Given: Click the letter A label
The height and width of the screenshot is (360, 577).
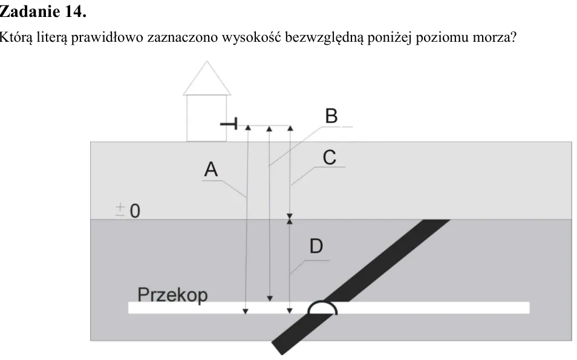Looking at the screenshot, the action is click(211, 169).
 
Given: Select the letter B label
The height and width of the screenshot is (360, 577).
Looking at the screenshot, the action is click(331, 116).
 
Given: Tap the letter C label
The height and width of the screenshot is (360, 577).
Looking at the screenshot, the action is click(330, 157).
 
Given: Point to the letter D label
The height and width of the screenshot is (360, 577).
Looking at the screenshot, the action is click(316, 246).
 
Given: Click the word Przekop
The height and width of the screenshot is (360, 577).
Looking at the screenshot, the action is click(172, 295).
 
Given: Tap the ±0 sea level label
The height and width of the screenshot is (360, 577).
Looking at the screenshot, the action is click(128, 211).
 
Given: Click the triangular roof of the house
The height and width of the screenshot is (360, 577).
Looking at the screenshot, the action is click(207, 78).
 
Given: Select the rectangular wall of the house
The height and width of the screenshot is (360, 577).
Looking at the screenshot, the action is click(207, 118).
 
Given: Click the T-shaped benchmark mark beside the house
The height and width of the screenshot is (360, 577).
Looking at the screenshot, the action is click(229, 123).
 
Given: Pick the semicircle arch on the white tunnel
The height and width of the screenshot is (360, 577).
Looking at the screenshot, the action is click(322, 303).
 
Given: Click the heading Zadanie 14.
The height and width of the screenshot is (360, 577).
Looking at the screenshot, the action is click(43, 11).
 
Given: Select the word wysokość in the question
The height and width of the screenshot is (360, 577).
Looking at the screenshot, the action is click(252, 37).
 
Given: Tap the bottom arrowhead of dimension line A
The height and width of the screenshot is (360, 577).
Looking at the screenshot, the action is click(246, 312).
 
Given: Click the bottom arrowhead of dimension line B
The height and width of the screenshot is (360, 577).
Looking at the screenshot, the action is click(270, 298).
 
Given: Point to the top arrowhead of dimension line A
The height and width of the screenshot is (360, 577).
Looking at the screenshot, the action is click(248, 128).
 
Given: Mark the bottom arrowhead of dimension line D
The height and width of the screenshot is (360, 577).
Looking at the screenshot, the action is click(290, 311).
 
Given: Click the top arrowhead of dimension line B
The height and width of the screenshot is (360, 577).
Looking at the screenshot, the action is click(269, 128).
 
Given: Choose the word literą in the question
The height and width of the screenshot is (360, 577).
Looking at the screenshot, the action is click(53, 38).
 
